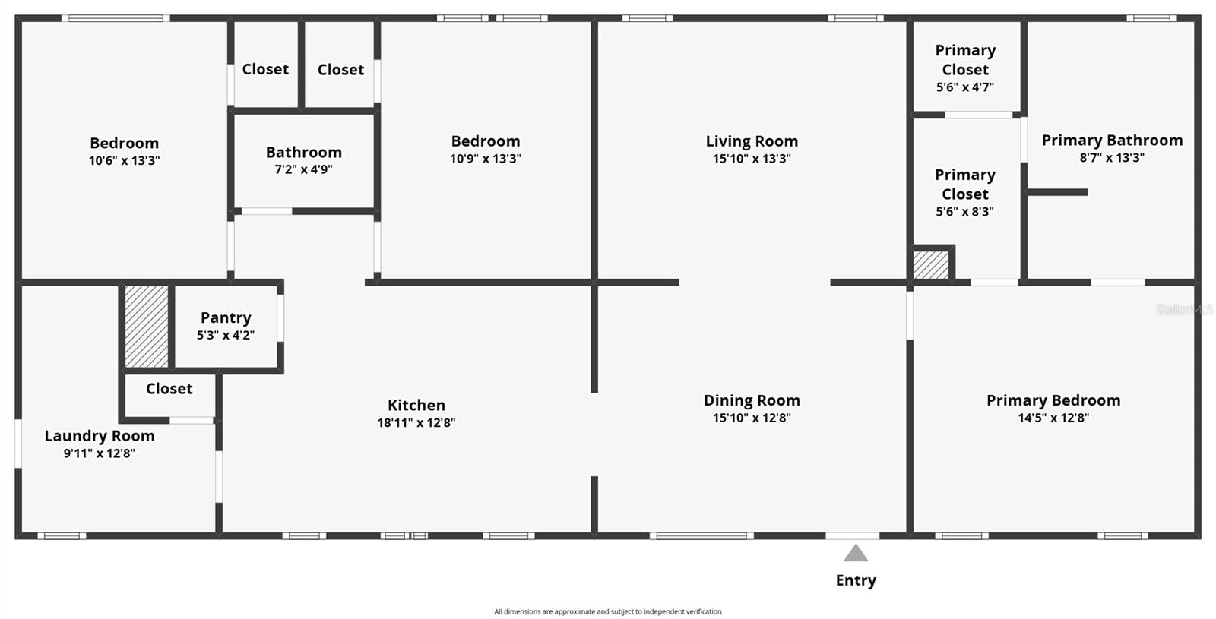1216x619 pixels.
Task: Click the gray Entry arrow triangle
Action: pos(856,553)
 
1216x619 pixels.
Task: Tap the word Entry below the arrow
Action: pos(856,580)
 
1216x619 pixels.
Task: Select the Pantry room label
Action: pos(226,317)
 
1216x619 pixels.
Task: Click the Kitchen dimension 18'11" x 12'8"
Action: pos(416,422)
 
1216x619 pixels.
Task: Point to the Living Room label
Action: pos(752,141)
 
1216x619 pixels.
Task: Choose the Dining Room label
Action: pos(752,400)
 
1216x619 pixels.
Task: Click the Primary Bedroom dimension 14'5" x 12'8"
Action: pos(1053,418)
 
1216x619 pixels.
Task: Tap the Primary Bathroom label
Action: pos(1112,141)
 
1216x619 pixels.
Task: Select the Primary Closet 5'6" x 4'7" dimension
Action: pos(965,87)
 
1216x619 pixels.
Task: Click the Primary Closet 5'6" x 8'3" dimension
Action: pos(965,212)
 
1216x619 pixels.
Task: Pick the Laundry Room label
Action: pos(100,436)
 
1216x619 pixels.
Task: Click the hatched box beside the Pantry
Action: pos(147,326)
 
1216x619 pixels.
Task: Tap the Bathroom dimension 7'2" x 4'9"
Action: pos(303,169)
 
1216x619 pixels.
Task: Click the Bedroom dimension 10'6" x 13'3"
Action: pos(124,160)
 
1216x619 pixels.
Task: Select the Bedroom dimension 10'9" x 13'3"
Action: pos(486,159)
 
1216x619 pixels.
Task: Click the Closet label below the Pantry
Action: pos(169,389)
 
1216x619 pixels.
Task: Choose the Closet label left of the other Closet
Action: pos(265,69)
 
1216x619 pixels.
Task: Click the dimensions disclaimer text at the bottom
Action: pos(608,611)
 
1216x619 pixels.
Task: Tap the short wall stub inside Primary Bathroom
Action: pos(1057,192)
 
